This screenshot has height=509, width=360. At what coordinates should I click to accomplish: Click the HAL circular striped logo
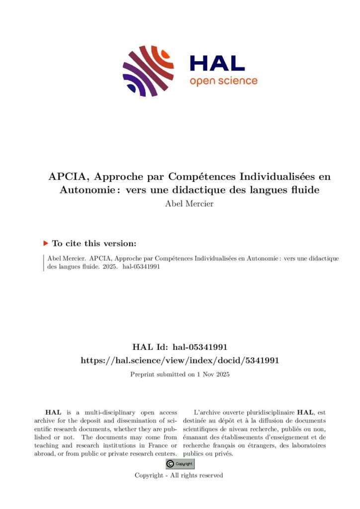pyautogui.click(x=148, y=71)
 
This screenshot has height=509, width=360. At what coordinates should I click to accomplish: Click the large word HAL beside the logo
pyautogui.click(x=217, y=63)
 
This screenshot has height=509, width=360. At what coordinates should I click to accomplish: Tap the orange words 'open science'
pyautogui.click(x=223, y=81)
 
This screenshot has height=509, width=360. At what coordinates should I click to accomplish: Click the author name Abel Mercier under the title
pyautogui.click(x=189, y=204)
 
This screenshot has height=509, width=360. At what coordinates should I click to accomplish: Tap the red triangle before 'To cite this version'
pyautogui.click(x=46, y=243)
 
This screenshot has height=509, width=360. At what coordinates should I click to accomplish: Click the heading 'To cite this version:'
pyautogui.click(x=94, y=244)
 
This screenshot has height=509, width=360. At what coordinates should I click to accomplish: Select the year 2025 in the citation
pyautogui.click(x=109, y=267)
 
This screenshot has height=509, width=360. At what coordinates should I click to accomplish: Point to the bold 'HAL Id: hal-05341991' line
pyautogui.click(x=180, y=347)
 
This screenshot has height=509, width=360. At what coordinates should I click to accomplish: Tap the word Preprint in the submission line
pyautogui.click(x=143, y=374)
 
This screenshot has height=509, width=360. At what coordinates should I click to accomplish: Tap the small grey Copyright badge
pyautogui.click(x=180, y=464)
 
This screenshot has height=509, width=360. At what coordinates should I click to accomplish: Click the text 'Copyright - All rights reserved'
pyautogui.click(x=179, y=476)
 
